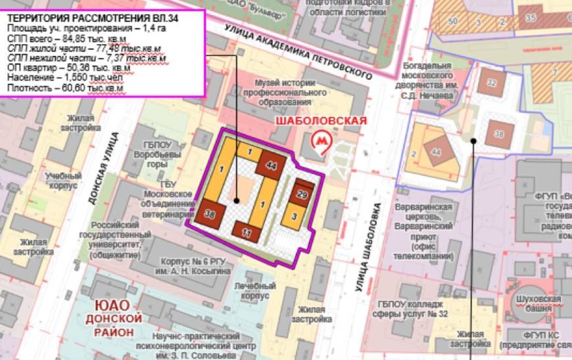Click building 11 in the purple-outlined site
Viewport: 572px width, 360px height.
tap(247, 233)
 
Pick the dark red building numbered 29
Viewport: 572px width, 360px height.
tap(302, 194)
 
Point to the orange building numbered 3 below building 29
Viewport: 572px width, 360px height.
tap(295, 215)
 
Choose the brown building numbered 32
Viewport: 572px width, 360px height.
tap(492, 83)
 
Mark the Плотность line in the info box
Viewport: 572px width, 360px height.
tap(65, 87)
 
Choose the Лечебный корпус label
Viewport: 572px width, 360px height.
tap(254, 291)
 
